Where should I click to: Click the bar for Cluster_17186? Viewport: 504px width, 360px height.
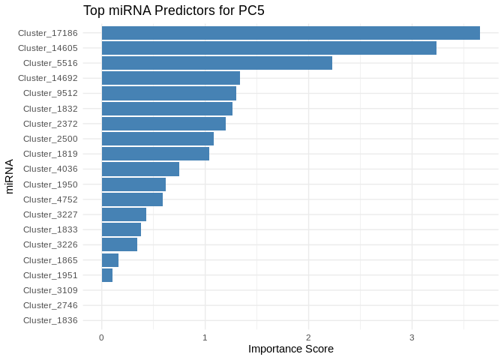(290, 33)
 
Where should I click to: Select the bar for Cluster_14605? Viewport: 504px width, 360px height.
(268, 48)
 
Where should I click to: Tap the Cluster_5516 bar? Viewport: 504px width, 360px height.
(217, 63)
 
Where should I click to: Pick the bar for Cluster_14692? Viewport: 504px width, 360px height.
(170, 78)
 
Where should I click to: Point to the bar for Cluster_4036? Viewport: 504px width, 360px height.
(140, 169)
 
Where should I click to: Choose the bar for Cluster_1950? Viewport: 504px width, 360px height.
(133, 184)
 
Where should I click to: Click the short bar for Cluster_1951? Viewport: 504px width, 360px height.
(107, 275)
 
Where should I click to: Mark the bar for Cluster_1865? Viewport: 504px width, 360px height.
(110, 260)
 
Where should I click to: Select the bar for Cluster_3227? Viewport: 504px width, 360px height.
(124, 214)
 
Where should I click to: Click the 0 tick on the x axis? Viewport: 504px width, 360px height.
(101, 337)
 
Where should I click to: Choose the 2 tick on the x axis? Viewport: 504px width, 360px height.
(308, 337)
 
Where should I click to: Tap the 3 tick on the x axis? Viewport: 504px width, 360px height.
(412, 337)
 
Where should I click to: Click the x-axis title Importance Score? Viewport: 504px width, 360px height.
(290, 349)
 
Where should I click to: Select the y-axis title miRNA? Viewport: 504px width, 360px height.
(10, 176)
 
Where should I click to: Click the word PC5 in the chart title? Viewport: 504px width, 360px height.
(249, 11)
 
